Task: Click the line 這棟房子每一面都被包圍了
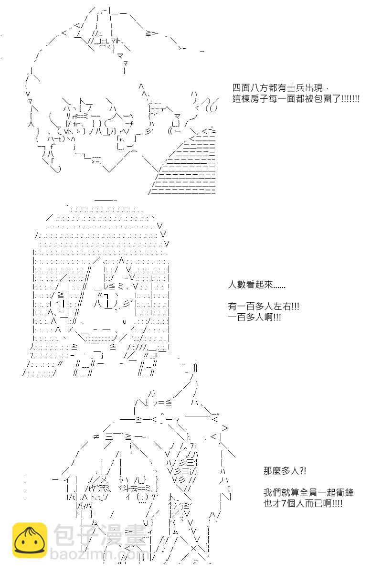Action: pyautogui.click(x=296, y=99)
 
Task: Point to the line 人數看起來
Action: pyautogui.click(x=256, y=285)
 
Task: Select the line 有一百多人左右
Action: pyautogui.click(x=263, y=306)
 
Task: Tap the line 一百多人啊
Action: pyautogui.click(x=255, y=317)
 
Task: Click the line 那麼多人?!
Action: pyautogui.click(x=285, y=470)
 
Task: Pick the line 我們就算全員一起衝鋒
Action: pyautogui.click(x=308, y=492)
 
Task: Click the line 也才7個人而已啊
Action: pyautogui.click(x=303, y=503)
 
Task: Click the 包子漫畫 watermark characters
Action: pyautogui.click(x=100, y=535)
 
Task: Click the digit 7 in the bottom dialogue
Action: pyautogui.click(x=284, y=503)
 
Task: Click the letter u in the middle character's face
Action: pyautogui.click(x=125, y=321)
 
